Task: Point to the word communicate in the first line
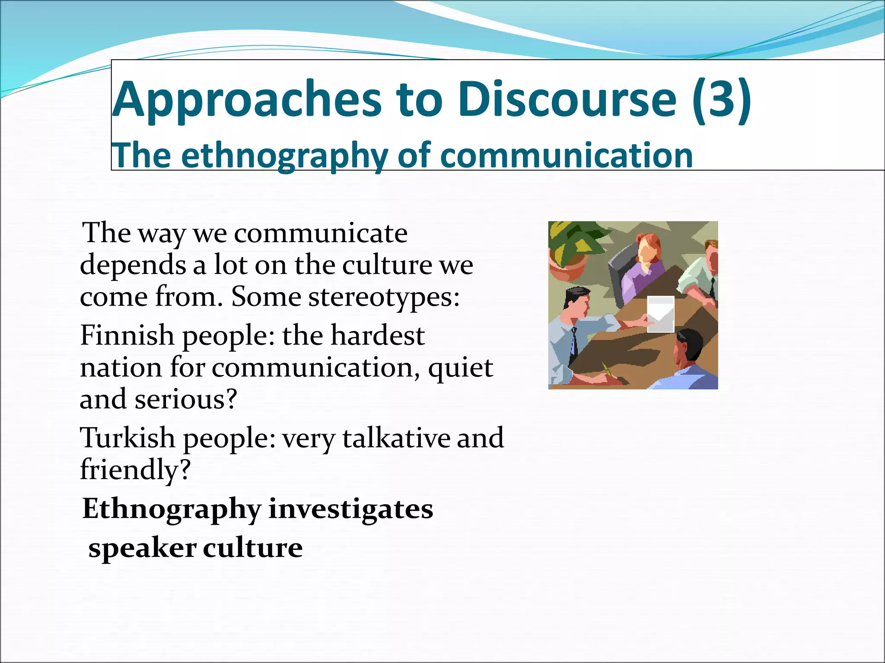[x=321, y=234]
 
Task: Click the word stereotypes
[x=384, y=297]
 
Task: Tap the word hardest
[x=377, y=335]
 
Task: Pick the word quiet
[x=460, y=368]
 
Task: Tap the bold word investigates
[x=350, y=509]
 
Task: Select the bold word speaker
[x=142, y=548]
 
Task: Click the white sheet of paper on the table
[x=660, y=314]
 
